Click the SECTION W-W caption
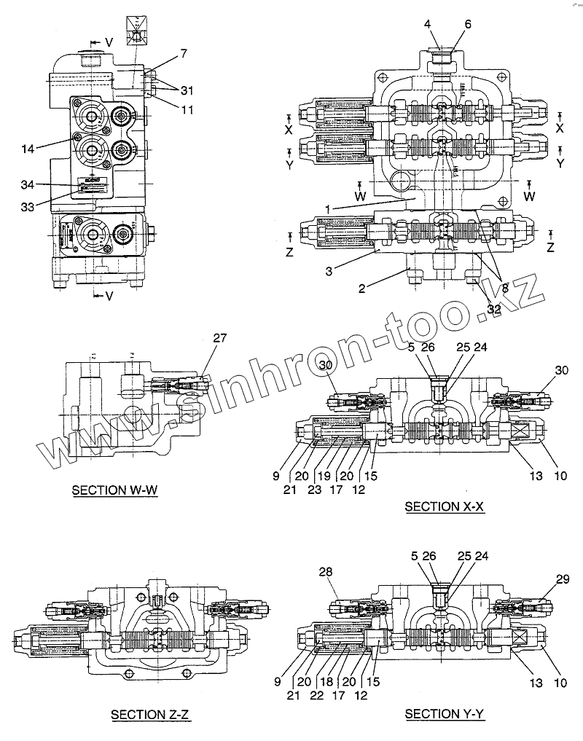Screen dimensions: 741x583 [115, 490]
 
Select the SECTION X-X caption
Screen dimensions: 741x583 [445, 507]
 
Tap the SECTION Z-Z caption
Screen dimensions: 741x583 [150, 715]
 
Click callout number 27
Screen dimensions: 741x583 [220, 337]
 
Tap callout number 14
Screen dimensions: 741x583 [28, 149]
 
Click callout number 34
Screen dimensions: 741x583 [28, 184]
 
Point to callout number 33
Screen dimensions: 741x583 [28, 207]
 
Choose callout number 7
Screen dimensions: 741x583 [184, 53]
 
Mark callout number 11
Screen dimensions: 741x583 [188, 109]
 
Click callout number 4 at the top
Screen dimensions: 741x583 [429, 24]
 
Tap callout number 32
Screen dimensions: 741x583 [495, 308]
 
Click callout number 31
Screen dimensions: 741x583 [187, 90]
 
